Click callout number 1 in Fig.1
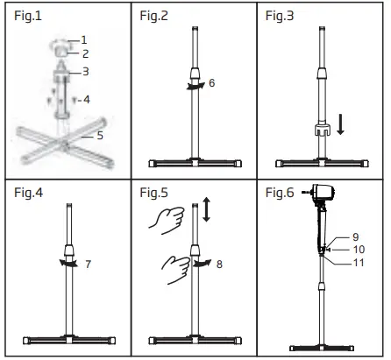(x=84, y=39)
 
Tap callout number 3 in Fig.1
(x=84, y=71)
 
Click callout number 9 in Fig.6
(x=355, y=237)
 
